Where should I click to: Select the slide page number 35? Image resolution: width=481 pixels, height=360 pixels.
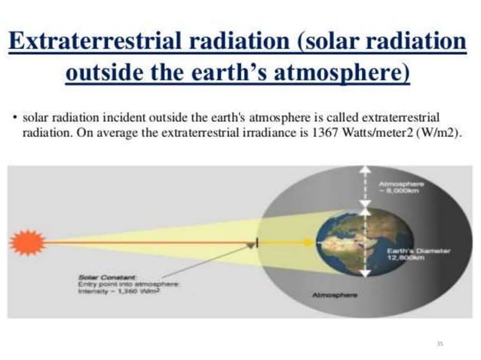point(440,343)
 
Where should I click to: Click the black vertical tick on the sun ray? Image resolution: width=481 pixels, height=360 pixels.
point(257,243)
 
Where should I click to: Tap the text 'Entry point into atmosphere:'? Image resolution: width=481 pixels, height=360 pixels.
point(127,284)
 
